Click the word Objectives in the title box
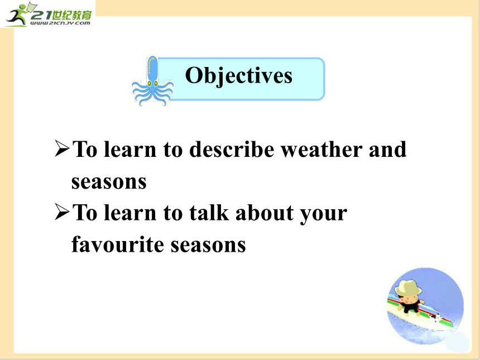click(239, 76)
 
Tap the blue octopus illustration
click(152, 81)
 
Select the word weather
click(321, 150)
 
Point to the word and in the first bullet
click(388, 150)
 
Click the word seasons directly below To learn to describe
click(109, 183)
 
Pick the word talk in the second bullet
click(209, 213)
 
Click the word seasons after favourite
click(208, 246)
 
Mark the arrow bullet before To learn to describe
click(62, 148)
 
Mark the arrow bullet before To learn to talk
click(62, 212)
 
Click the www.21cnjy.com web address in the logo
click(61, 23)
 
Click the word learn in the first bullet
click(130, 150)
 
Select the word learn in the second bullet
click(130, 213)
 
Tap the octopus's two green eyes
click(152, 83)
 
